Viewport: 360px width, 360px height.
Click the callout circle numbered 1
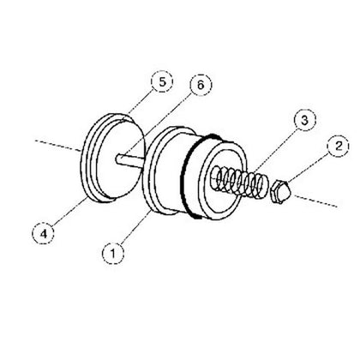pyautogui.click(x=111, y=253)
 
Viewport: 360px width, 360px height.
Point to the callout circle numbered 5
pyautogui.click(x=159, y=81)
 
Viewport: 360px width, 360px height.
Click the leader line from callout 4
pyautogui.click(x=64, y=210)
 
